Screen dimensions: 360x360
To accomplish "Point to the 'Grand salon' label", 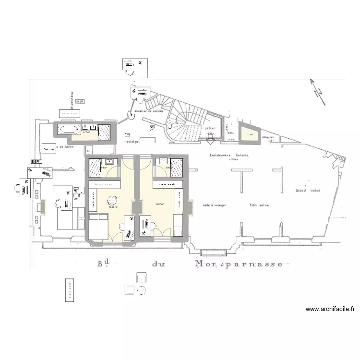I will (x=308, y=190).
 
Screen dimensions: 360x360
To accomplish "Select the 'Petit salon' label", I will (x=259, y=205).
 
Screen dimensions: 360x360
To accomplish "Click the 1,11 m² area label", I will (x=249, y=135).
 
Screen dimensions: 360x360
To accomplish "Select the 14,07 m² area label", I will (x=160, y=204).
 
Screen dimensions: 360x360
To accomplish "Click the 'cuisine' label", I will (x=132, y=143).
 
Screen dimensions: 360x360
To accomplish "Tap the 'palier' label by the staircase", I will (x=209, y=129).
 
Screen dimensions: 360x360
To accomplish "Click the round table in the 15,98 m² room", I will (x=113, y=200).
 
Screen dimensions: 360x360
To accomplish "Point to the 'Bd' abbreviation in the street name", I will (x=102, y=264).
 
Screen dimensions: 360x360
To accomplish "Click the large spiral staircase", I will (x=185, y=122).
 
